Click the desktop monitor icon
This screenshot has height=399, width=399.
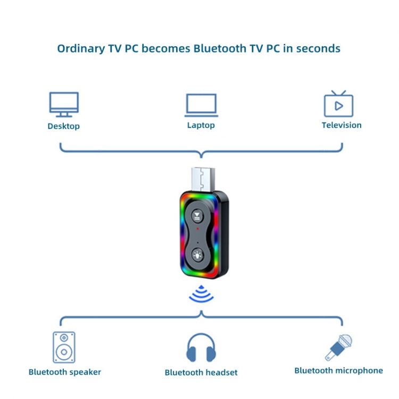64,104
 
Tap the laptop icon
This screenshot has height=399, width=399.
201,105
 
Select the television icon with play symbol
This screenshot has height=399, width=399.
338,104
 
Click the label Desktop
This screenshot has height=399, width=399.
64,126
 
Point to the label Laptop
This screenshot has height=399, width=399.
201,125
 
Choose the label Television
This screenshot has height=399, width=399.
342,125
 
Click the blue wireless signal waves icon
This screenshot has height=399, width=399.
201,294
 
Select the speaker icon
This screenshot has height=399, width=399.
64,347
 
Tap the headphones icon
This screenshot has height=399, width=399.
201,348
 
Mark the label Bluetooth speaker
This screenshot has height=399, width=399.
65,372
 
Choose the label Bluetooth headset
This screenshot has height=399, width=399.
201,372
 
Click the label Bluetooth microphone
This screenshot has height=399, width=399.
338,370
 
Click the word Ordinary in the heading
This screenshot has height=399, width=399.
80,48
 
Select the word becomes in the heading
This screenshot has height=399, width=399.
164,48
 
